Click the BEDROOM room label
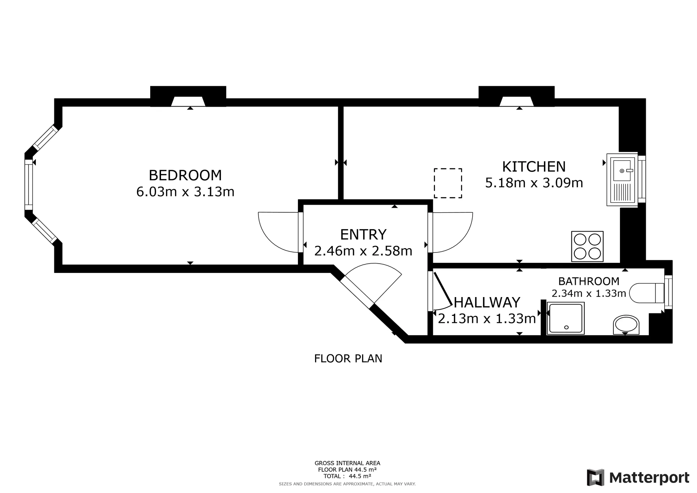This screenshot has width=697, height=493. [x=185, y=175]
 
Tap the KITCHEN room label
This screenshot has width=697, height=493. [x=534, y=167]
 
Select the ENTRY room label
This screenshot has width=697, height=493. [x=363, y=235]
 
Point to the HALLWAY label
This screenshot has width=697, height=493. [x=487, y=303]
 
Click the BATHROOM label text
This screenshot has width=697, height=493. [x=589, y=281]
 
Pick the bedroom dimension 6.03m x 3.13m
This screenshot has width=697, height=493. [x=185, y=192]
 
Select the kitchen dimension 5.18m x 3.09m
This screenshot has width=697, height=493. [x=534, y=183]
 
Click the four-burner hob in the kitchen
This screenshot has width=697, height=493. [x=587, y=246]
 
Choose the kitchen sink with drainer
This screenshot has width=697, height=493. [x=622, y=180]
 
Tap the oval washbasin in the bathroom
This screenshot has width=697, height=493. [x=626, y=325]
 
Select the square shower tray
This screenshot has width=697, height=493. [x=566, y=318]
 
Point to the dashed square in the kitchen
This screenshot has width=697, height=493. [x=448, y=183]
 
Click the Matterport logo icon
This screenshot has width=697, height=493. [x=596, y=477]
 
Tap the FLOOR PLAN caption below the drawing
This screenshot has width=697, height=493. [x=348, y=359]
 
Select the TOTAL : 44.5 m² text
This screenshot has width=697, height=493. [x=347, y=476]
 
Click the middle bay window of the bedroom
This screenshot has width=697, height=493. [x=29, y=185]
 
